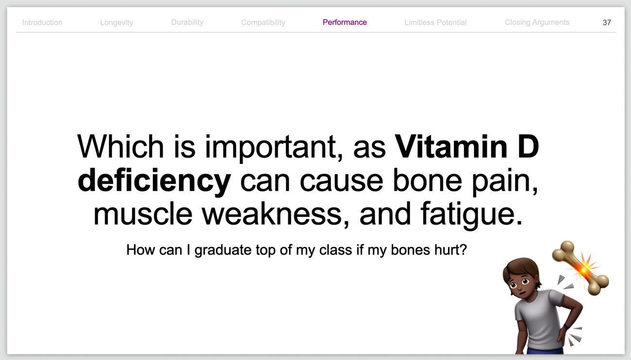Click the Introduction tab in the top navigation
pos(42,22)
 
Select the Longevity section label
pos(116,22)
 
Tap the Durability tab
pos(187,22)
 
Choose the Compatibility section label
pos(263,22)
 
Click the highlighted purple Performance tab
pos(345,22)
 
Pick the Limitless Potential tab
pos(435,22)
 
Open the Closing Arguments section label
pos(537,22)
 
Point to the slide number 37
pos(607,22)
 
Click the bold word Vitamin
pos(451,147)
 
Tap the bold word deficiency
pos(154,181)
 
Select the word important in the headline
pos(274,148)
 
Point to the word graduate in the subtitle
pos(223,250)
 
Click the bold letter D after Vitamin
pos(529,147)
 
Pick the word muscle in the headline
pos(143,214)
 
